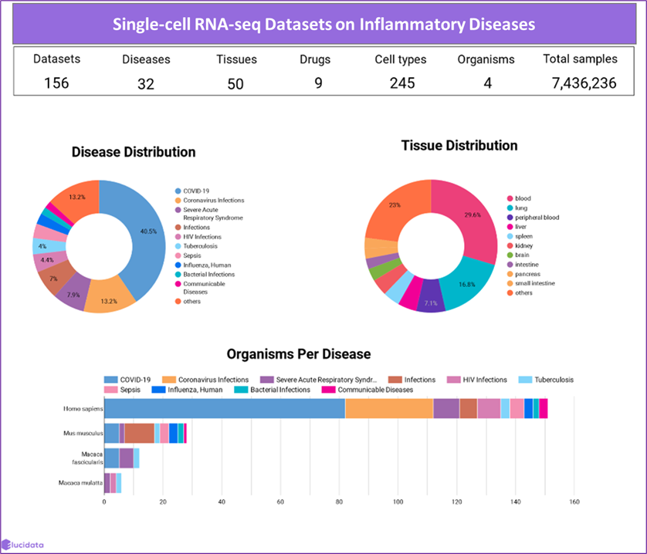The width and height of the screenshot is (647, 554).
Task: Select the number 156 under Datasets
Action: (56, 83)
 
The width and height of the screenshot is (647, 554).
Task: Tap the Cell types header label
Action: (400, 59)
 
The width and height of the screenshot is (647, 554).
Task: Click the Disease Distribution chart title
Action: (134, 152)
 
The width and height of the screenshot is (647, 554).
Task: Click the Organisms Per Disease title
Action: (298, 354)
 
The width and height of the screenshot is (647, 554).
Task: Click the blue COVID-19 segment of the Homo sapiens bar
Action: (224, 409)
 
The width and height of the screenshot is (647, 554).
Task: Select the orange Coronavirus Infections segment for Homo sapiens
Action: (389, 409)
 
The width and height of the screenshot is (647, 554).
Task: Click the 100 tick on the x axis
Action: (398, 502)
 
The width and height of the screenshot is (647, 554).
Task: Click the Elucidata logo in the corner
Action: (23, 544)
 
